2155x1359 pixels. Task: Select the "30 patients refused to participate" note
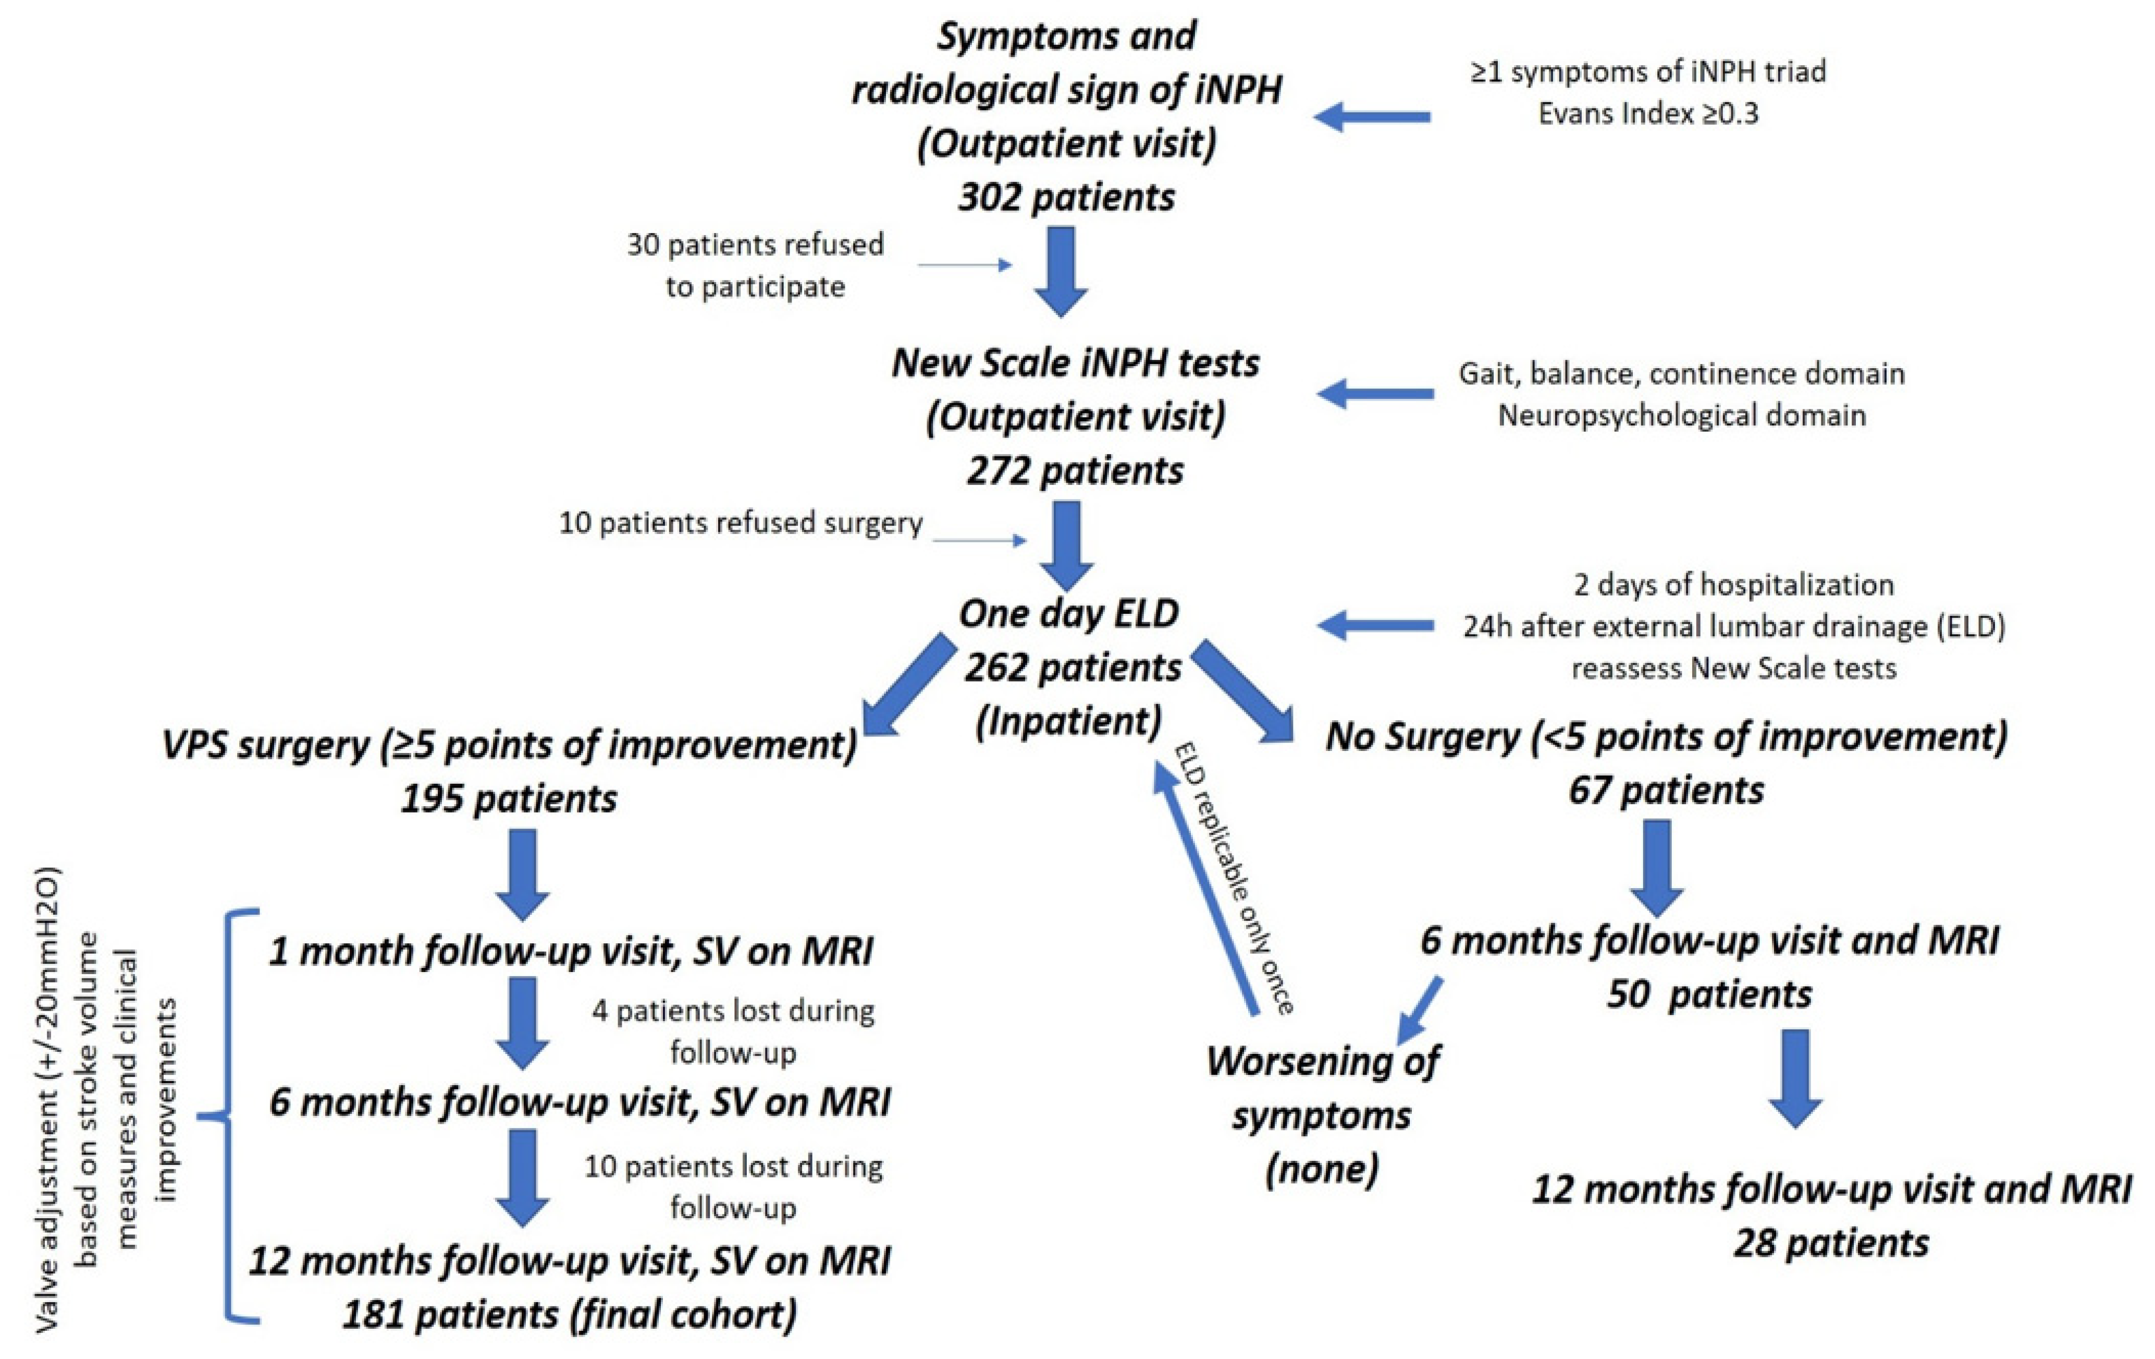click(x=755, y=265)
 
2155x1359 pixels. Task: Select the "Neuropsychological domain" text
click(x=1682, y=416)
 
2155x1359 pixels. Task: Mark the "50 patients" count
click(x=1709, y=994)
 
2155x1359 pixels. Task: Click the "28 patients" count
click(x=1831, y=1244)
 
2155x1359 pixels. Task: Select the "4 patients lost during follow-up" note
click(x=733, y=1032)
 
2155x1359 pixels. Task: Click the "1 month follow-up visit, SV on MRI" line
click(x=571, y=951)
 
